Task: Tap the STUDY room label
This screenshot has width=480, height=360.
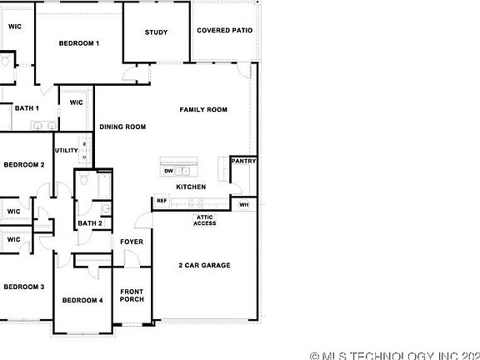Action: (x=156, y=32)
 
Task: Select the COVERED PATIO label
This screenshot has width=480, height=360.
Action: (x=224, y=31)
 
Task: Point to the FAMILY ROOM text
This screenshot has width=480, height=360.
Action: (x=204, y=110)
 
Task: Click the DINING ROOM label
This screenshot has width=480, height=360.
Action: (x=123, y=127)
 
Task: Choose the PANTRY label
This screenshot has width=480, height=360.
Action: (x=243, y=161)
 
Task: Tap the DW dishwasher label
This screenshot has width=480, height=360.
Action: (x=168, y=171)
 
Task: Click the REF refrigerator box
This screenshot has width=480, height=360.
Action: (x=162, y=201)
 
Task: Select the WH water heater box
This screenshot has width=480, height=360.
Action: (x=244, y=204)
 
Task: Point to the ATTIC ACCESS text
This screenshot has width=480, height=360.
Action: (x=205, y=220)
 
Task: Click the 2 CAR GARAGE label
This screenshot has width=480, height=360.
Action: (x=204, y=265)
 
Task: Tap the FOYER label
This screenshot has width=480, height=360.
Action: (x=132, y=242)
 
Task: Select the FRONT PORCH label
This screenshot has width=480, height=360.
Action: (x=132, y=296)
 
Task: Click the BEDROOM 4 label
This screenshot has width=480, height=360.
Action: (x=82, y=300)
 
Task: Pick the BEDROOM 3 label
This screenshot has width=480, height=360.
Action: (x=24, y=287)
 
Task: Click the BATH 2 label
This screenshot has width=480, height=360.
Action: (x=90, y=223)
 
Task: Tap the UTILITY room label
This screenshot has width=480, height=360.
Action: (x=66, y=151)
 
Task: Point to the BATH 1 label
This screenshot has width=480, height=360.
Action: (x=27, y=107)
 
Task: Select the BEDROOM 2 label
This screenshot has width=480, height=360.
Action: (x=24, y=164)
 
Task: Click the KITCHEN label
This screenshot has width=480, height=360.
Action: (x=191, y=187)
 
